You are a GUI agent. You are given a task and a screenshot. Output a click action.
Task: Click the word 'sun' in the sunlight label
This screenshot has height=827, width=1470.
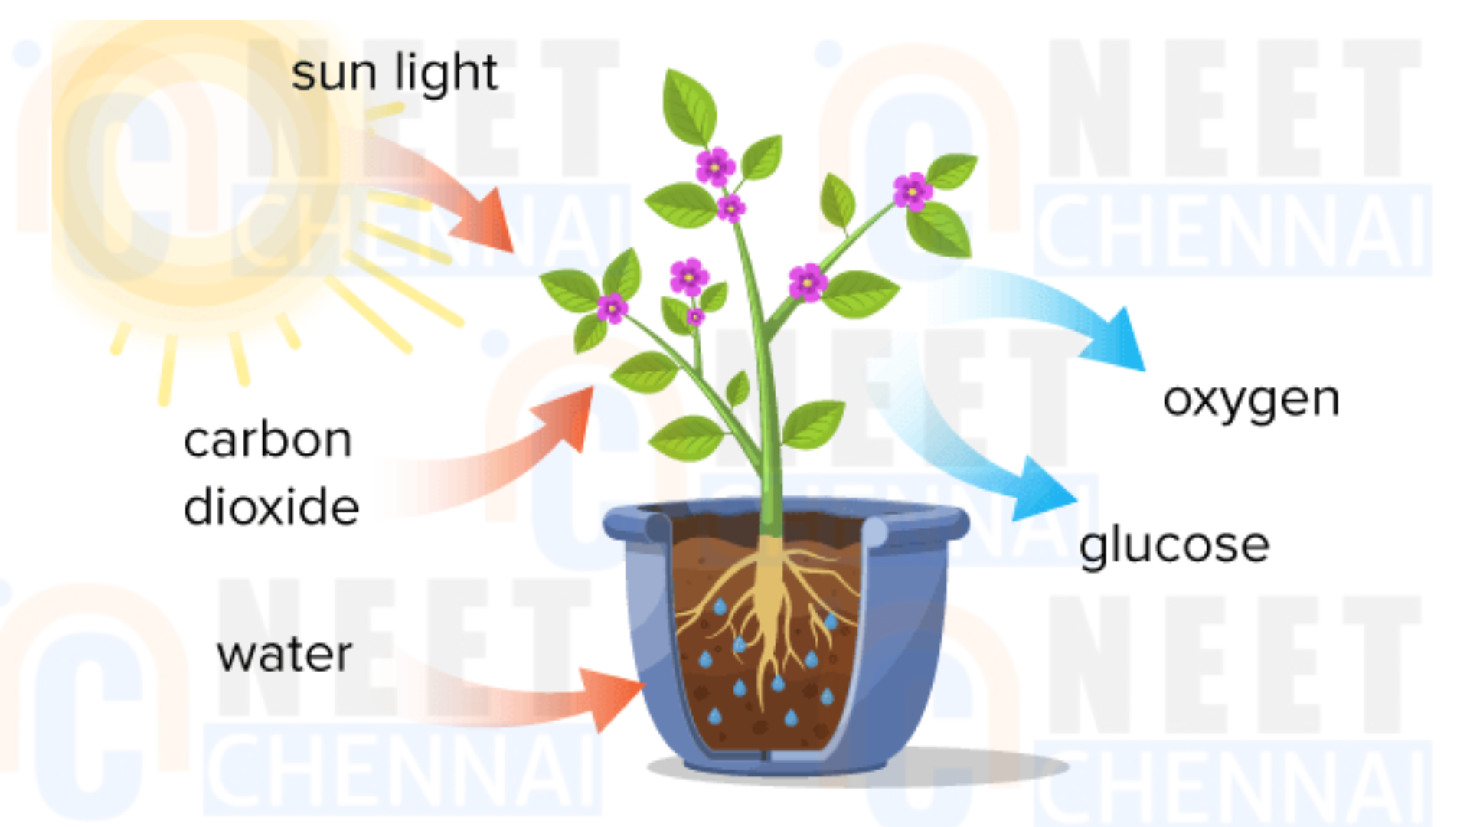[334, 75]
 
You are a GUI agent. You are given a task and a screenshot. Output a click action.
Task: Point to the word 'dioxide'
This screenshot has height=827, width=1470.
[271, 506]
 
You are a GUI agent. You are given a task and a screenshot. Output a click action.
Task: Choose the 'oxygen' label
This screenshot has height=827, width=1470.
[1251, 401]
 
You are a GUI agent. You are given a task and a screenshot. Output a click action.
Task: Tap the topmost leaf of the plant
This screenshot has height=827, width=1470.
[688, 108]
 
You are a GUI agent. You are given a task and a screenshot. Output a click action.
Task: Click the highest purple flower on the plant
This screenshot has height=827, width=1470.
[715, 166]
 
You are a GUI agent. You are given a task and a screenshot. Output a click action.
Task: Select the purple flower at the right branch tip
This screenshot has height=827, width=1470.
[913, 191]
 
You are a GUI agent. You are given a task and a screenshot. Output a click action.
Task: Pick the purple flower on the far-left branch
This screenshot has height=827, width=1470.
[612, 308]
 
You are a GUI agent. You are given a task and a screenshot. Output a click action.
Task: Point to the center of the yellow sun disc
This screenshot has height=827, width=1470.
[196, 165]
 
